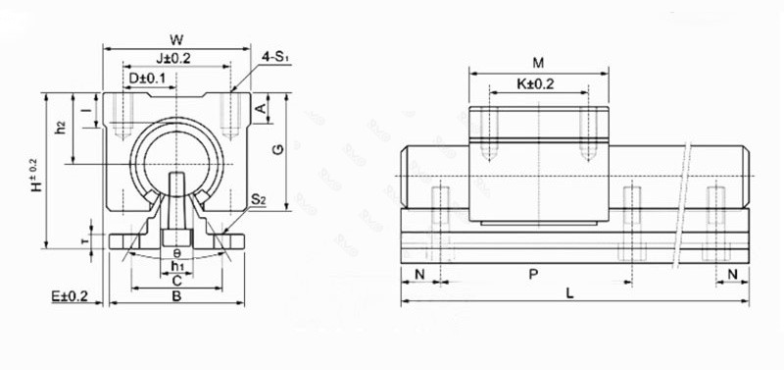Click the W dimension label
tap(176, 39)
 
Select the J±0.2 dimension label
tap(173, 58)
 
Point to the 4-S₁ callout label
tap(275, 57)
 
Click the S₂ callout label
tap(259, 200)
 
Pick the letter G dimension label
tap(279, 149)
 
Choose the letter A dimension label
tap(261, 108)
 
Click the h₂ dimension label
tap(61, 128)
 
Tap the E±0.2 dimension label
tap(70, 296)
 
